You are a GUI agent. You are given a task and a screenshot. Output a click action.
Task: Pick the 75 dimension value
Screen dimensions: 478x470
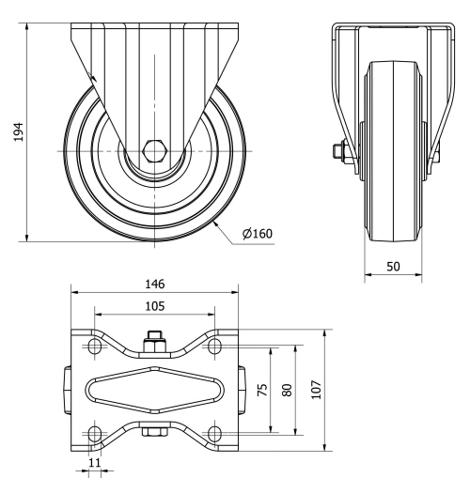[x=262, y=389]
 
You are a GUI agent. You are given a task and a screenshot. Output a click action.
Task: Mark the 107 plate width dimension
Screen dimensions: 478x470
[x=317, y=389]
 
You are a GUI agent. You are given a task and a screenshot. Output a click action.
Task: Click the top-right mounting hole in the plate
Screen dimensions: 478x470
[x=214, y=347]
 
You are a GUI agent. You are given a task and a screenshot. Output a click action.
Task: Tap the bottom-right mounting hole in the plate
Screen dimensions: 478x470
[x=214, y=432]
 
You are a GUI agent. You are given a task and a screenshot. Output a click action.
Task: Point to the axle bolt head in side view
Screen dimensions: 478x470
[x=336, y=150]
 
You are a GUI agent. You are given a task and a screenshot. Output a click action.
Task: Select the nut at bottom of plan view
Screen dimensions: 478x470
[x=154, y=433]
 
